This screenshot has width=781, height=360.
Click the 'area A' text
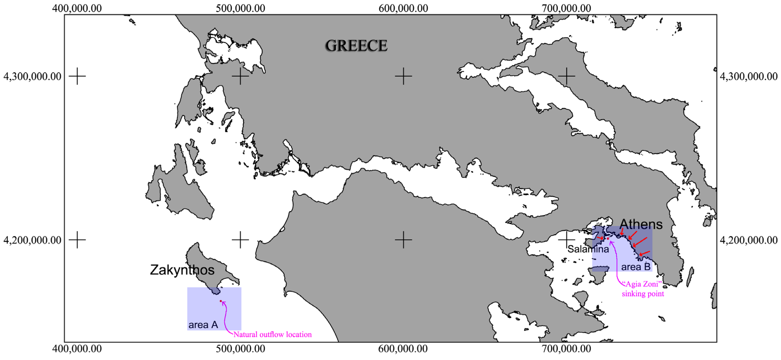(x=203, y=325)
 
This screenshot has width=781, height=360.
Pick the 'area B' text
(x=636, y=267)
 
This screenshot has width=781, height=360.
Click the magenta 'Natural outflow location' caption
(x=272, y=335)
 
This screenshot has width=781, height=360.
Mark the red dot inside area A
(x=221, y=301)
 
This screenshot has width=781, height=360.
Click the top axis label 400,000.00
(x=77, y=8)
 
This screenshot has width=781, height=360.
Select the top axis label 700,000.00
(x=566, y=8)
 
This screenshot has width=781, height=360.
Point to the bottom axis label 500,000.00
(x=240, y=349)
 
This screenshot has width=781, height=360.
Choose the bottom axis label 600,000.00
(x=403, y=349)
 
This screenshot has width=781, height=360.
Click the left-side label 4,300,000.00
(x=32, y=76)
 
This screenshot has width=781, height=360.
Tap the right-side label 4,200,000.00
(x=749, y=240)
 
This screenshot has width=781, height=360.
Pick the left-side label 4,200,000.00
(x=32, y=240)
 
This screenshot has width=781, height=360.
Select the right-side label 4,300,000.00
(x=749, y=76)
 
